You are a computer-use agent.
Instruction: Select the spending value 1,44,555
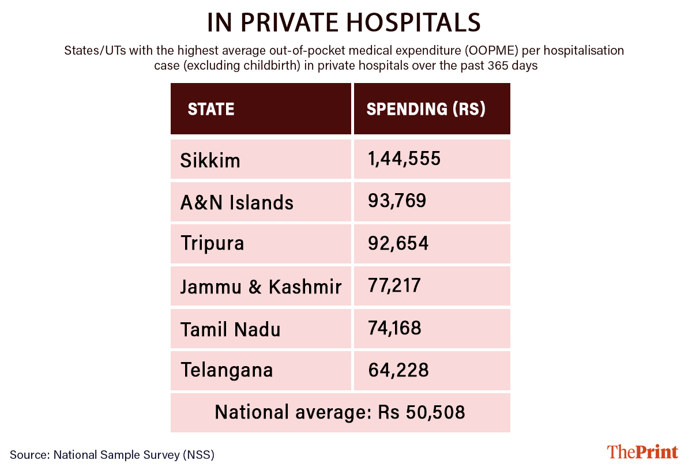pos(404,158)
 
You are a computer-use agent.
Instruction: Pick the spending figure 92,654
pos(398,243)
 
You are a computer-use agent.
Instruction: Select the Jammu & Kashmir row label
pos(261,286)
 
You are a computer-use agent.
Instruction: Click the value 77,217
pos(394,285)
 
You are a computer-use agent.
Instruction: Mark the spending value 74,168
pos(394,328)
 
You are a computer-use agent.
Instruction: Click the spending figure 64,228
pos(398,369)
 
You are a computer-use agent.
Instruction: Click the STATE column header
pos(211,109)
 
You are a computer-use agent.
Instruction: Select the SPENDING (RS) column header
pos(426,109)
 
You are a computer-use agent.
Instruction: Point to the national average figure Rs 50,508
pos(422,412)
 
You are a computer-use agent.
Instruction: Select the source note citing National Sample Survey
pos(112,454)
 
